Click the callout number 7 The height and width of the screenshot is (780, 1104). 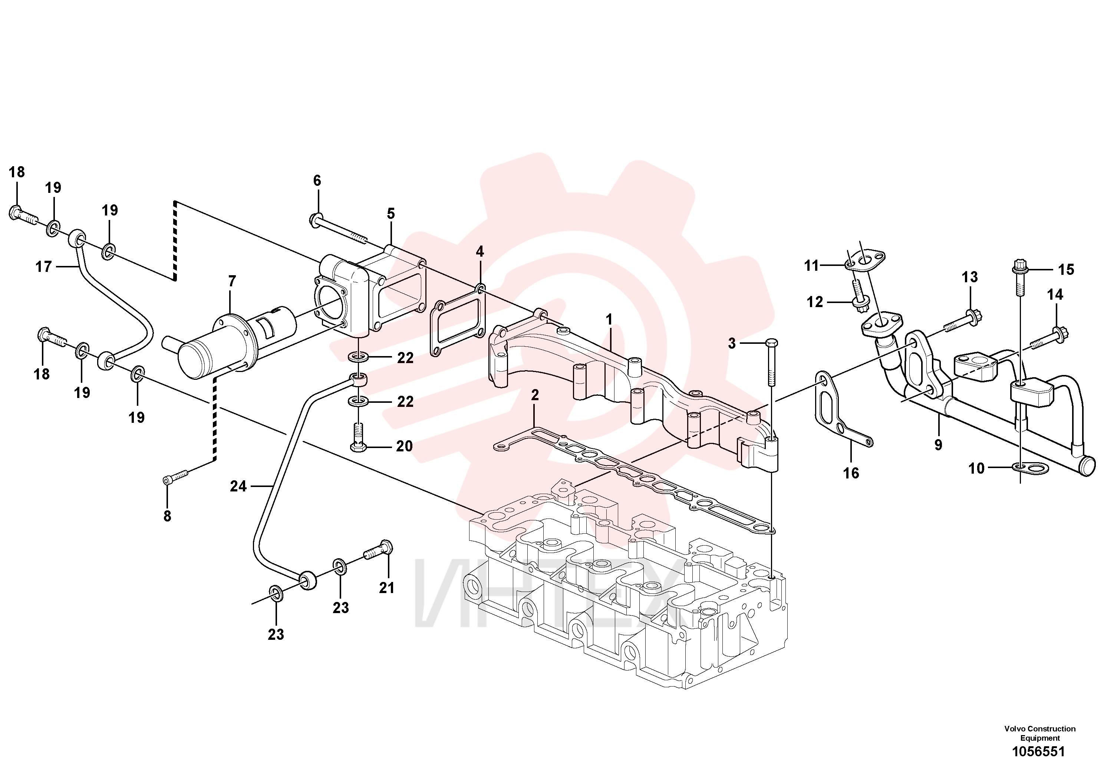pos(232,281)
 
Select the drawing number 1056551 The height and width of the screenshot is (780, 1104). pos(1039,751)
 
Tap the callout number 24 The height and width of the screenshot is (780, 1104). pos(238,486)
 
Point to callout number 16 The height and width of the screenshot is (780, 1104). pos(851,473)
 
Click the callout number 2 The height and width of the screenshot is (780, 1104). pos(535,395)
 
